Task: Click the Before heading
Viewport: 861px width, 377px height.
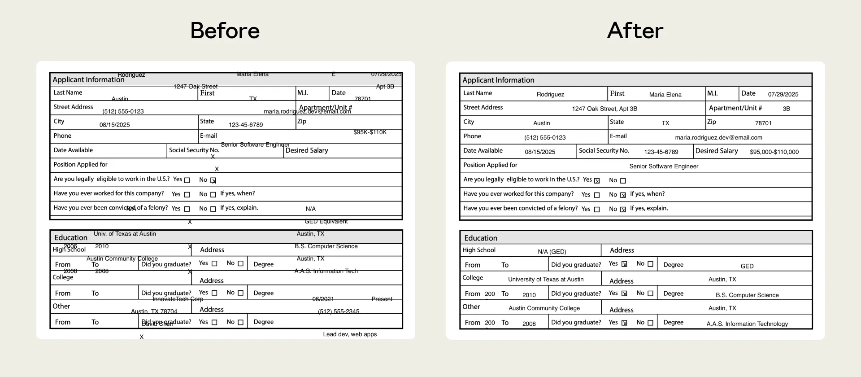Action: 225,31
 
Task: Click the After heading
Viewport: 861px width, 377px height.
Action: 635,31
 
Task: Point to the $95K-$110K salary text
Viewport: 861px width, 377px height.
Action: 370,132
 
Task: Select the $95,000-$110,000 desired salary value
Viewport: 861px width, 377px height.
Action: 774,152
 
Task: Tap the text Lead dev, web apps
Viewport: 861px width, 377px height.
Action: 350,334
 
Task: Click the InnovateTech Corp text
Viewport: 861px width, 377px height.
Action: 178,299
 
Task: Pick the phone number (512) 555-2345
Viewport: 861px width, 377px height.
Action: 339,311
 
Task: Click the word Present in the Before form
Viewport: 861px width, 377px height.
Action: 382,299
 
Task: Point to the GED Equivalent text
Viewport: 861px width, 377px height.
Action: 326,221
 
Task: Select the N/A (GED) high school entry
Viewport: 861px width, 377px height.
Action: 552,252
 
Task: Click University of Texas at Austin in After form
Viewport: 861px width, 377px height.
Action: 546,280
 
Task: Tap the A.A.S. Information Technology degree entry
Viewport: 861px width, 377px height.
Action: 747,324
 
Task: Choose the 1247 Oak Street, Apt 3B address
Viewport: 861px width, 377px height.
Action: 604,109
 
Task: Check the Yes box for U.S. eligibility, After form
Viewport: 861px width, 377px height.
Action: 597,181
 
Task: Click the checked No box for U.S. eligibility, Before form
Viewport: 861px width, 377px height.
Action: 213,180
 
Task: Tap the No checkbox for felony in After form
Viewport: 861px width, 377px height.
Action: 623,210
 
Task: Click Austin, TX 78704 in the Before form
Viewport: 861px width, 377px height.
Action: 154,311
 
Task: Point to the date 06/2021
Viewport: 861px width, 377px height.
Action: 323,299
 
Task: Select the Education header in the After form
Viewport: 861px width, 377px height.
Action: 481,238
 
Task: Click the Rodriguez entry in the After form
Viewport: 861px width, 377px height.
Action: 550,95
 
